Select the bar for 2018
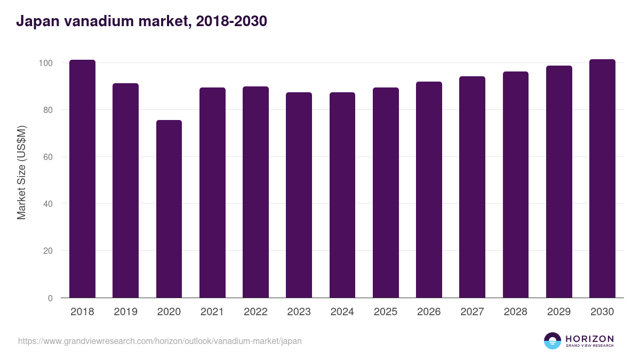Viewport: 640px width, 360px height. coord(82,179)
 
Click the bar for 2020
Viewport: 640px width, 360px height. coord(169,209)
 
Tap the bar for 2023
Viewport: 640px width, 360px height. coord(299,195)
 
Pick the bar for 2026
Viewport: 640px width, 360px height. coord(429,190)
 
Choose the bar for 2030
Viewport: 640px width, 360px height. coord(602,179)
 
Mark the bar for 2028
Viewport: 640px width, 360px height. coord(515,185)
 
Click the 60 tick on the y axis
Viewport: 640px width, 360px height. coord(48,157)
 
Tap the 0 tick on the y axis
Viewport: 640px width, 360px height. coord(50,298)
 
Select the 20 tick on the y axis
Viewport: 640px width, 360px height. coord(48,251)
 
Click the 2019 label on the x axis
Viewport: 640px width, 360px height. coord(126,312)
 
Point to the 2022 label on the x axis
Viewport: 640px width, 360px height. coord(255,312)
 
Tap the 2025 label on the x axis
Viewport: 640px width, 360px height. coord(386,312)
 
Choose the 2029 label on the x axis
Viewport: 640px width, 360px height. coord(559,312)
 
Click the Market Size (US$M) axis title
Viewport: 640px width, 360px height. coord(21,172)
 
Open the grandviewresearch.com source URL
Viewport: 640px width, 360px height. coord(160,341)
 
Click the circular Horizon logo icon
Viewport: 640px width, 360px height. coord(553,341)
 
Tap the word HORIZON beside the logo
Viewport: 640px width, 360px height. coord(589,339)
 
